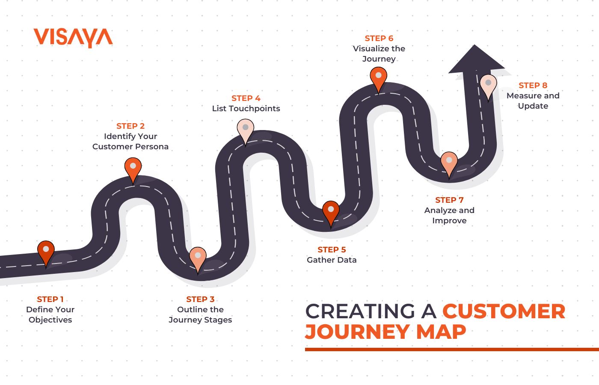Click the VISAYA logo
tap(73, 38)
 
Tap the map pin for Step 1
tap(46, 252)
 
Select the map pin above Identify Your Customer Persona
tap(133, 168)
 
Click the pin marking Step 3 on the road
tap(198, 258)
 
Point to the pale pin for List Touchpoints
tap(246, 130)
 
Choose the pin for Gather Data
tap(331, 211)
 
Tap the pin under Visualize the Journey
tap(379, 77)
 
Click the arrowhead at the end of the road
tap(475, 60)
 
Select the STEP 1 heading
tap(50, 299)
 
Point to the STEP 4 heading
tap(246, 98)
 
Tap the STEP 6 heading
tap(379, 38)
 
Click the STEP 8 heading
tap(533, 86)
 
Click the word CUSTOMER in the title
tap(504, 311)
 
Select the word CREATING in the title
tap(360, 311)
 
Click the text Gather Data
tap(332, 260)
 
